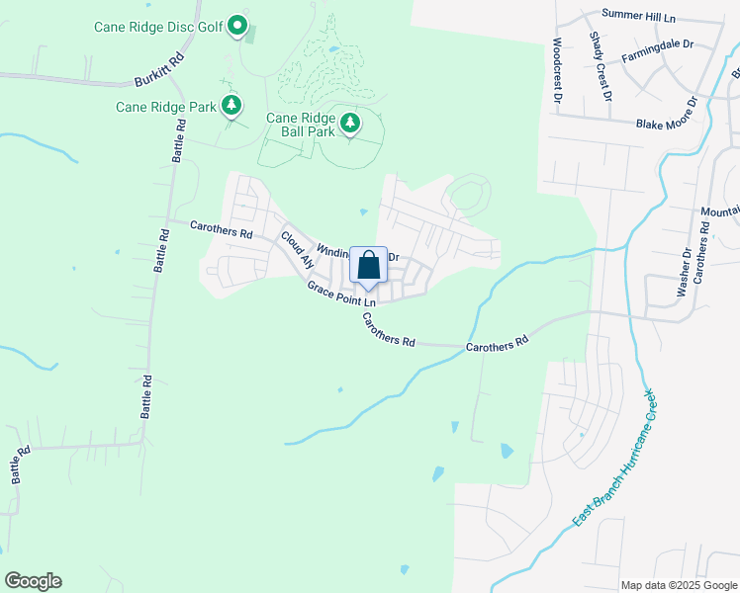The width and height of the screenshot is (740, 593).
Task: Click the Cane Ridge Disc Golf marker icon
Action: (237, 25)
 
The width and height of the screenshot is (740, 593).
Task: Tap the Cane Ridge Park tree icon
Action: (231, 104)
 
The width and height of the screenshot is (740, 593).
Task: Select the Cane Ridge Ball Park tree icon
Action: (349, 123)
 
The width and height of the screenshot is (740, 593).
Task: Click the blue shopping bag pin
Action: (368, 266)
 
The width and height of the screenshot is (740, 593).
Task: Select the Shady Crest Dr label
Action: (600, 65)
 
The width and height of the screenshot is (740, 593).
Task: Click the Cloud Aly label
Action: (297, 250)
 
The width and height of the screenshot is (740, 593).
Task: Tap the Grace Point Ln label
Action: (341, 294)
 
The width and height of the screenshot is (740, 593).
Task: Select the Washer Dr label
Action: (683, 273)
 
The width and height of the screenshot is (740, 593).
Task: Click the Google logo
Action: (33, 581)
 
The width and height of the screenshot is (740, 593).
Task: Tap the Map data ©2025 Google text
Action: (678, 585)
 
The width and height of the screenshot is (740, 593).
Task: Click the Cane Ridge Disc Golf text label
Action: (158, 26)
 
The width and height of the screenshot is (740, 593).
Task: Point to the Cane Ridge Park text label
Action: (165, 107)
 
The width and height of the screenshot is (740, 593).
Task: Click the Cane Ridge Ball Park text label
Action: (300, 125)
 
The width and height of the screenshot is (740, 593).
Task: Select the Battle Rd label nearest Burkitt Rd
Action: (180, 139)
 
